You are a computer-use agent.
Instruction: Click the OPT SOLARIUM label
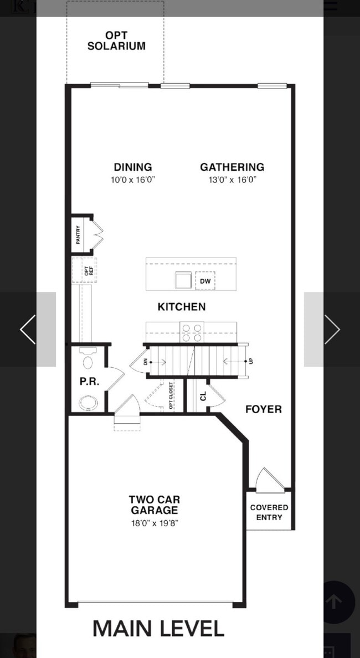click(x=116, y=42)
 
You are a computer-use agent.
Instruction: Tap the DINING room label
click(x=133, y=167)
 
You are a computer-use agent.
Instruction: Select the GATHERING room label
click(x=232, y=167)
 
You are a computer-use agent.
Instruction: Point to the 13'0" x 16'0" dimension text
click(x=232, y=180)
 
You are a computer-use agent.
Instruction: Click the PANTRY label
click(x=79, y=235)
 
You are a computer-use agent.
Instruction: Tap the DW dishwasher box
click(x=205, y=281)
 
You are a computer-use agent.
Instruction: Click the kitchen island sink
click(x=183, y=281)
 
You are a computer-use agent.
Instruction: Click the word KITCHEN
click(x=182, y=307)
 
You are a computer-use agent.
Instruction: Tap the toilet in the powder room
click(x=88, y=359)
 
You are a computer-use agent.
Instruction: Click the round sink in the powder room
click(x=88, y=402)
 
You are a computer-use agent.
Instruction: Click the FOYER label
click(x=263, y=409)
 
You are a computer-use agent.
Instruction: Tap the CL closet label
click(x=203, y=396)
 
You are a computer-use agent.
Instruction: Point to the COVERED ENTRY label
click(x=269, y=512)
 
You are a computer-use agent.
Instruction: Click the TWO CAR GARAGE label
click(x=154, y=505)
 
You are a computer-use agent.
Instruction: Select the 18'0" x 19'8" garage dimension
click(x=154, y=523)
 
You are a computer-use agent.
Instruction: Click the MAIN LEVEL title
click(x=158, y=629)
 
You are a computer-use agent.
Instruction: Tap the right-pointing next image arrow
click(x=331, y=330)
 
